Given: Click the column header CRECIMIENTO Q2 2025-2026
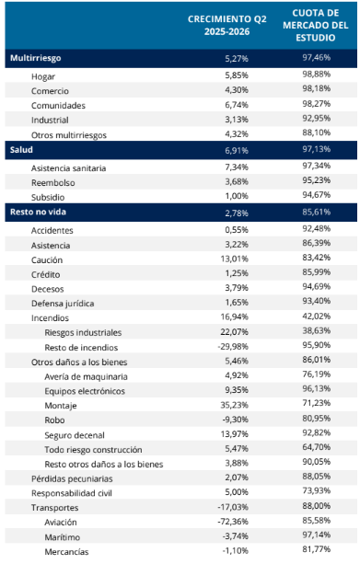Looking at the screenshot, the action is [x=227, y=25].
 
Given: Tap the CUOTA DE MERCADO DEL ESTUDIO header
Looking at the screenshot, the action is [x=316, y=25].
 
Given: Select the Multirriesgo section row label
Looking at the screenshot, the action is [x=35, y=58].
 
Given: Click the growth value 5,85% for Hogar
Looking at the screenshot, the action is [x=237, y=75].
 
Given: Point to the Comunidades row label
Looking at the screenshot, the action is [x=58, y=106].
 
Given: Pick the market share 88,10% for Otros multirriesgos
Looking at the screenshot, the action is [x=317, y=132].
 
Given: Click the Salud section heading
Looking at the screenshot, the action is [x=21, y=150].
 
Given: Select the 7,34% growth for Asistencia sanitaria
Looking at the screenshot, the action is [x=237, y=167].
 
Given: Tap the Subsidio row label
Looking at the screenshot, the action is [x=48, y=197].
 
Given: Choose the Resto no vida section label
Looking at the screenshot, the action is [x=38, y=212].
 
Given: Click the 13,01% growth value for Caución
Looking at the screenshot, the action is [x=235, y=259].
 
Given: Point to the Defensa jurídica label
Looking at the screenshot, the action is [x=63, y=304].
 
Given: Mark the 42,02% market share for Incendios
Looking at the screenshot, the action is [x=317, y=317].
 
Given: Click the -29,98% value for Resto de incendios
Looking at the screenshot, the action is [x=233, y=347].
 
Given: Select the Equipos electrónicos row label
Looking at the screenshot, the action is [x=85, y=391].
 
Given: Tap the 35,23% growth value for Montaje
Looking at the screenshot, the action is [x=235, y=405].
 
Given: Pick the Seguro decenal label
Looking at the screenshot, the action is [x=75, y=435].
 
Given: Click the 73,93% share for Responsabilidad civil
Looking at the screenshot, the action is [x=317, y=491].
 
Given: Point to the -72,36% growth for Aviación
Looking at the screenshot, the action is [x=233, y=522].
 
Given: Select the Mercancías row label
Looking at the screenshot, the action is [x=66, y=552].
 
